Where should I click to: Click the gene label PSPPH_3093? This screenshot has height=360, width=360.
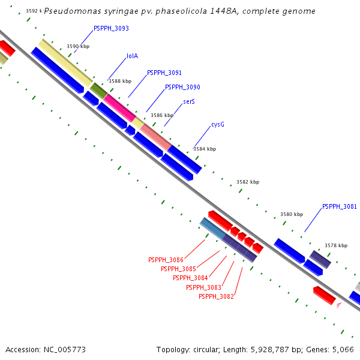tap(111, 29)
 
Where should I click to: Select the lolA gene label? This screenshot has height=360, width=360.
tap(132, 56)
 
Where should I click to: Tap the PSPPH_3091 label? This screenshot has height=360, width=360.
tap(164, 73)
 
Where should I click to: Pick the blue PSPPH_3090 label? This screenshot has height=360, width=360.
tap(182, 88)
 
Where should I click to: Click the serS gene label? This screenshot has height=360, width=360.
tap(189, 102)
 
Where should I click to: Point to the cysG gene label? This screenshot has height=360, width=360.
tap(218, 125)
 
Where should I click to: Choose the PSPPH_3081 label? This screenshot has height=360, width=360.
tap(340, 207)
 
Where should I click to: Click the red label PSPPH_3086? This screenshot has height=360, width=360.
tap(166, 260)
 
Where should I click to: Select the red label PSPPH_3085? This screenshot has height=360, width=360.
tap(178, 269)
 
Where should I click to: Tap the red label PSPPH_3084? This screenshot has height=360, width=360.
tap(190, 278)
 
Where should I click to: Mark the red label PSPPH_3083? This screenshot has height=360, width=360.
tap(204, 288)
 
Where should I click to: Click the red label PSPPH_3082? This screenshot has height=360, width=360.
tap(216, 297)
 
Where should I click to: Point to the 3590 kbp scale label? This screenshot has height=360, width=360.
tap(77, 46)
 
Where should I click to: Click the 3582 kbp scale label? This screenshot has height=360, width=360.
tap(248, 182)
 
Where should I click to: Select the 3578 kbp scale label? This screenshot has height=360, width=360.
tap(336, 245)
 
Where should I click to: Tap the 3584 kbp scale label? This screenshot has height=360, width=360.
tap(205, 149)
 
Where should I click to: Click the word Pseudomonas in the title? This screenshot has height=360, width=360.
tap(71, 11)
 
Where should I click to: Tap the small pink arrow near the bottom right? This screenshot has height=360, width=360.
tap(339, 305)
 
